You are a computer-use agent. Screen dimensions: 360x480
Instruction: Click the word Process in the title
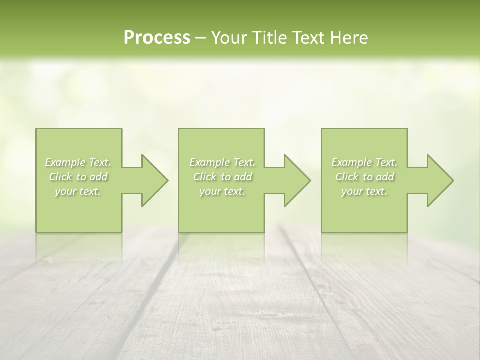[x=157, y=38]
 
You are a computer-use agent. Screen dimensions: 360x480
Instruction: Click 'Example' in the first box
[x=65, y=162]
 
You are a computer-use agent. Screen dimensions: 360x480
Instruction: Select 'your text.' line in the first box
[x=78, y=191]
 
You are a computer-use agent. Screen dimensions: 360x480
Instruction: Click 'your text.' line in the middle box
[x=222, y=191]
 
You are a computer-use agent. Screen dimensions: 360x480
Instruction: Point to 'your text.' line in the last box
[x=364, y=191]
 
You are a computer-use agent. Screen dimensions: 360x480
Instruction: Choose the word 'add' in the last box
[x=386, y=177]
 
